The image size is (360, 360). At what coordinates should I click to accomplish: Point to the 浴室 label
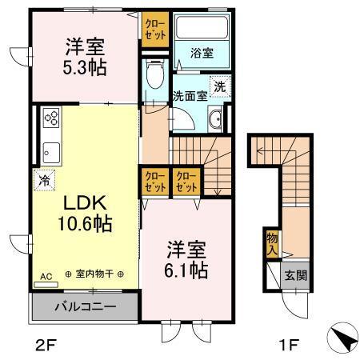(202, 54)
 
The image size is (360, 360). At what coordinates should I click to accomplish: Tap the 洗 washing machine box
(218, 86)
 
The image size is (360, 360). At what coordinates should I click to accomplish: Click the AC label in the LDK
(46, 276)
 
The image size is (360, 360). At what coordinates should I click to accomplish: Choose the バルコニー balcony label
(85, 306)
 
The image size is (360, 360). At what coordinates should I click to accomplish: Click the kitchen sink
(50, 151)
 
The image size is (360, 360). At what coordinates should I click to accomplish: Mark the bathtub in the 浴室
(202, 32)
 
